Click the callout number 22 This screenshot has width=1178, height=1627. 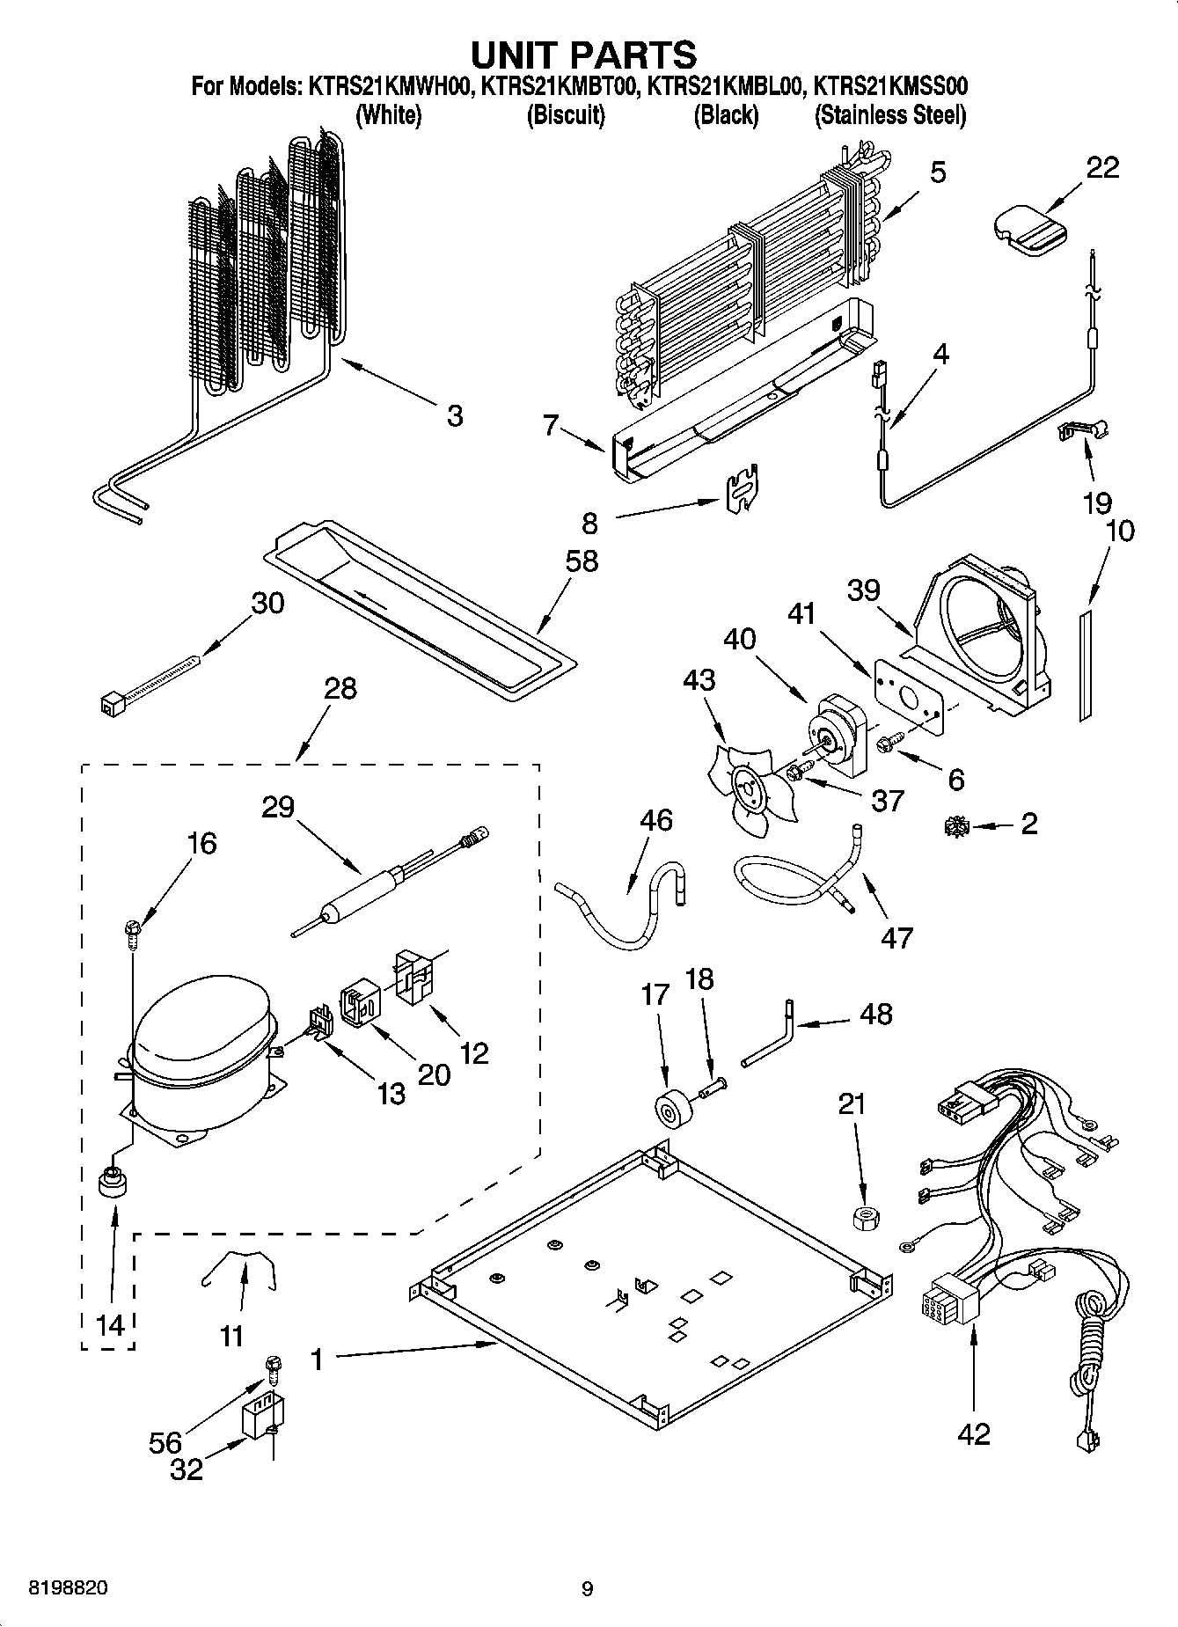pyautogui.click(x=1101, y=167)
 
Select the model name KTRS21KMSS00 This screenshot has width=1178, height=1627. pyautogui.click(x=889, y=86)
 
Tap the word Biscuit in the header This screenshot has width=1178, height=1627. pyautogui.click(x=566, y=114)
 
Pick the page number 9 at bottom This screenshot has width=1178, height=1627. pyautogui.click(x=588, y=1588)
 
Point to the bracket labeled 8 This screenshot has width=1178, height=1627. pyautogui.click(x=743, y=487)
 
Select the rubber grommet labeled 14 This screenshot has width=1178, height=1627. pyautogui.click(x=113, y=1182)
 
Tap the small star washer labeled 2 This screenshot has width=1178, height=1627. pyautogui.click(x=956, y=825)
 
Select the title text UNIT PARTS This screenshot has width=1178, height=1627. pyautogui.click(x=583, y=55)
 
